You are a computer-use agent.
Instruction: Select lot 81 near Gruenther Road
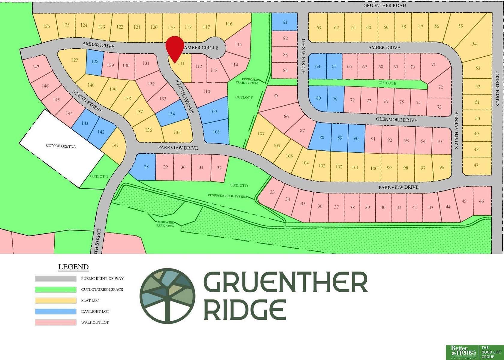coord(285,22)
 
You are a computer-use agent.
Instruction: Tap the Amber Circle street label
coord(201,47)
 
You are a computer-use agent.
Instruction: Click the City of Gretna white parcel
coord(61,146)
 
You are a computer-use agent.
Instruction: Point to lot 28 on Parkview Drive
coord(146,166)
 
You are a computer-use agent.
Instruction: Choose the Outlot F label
coord(244,97)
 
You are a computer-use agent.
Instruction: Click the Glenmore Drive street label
coord(396,120)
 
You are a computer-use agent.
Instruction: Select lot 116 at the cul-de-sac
coord(229,24)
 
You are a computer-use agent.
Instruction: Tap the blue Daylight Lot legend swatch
coord(55,311)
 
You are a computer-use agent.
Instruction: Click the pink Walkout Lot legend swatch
coord(55,322)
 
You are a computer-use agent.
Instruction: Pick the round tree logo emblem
coord(167,296)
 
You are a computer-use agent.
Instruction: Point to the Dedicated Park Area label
coord(165,224)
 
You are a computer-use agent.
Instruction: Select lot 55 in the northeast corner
coord(460,26)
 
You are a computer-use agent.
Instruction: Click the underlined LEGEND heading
coord(73,267)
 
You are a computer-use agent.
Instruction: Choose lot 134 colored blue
coord(171,114)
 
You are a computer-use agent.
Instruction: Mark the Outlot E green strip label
coord(387,83)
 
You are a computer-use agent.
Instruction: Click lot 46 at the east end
coord(481,201)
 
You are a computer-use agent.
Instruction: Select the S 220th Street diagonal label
coord(87,101)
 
